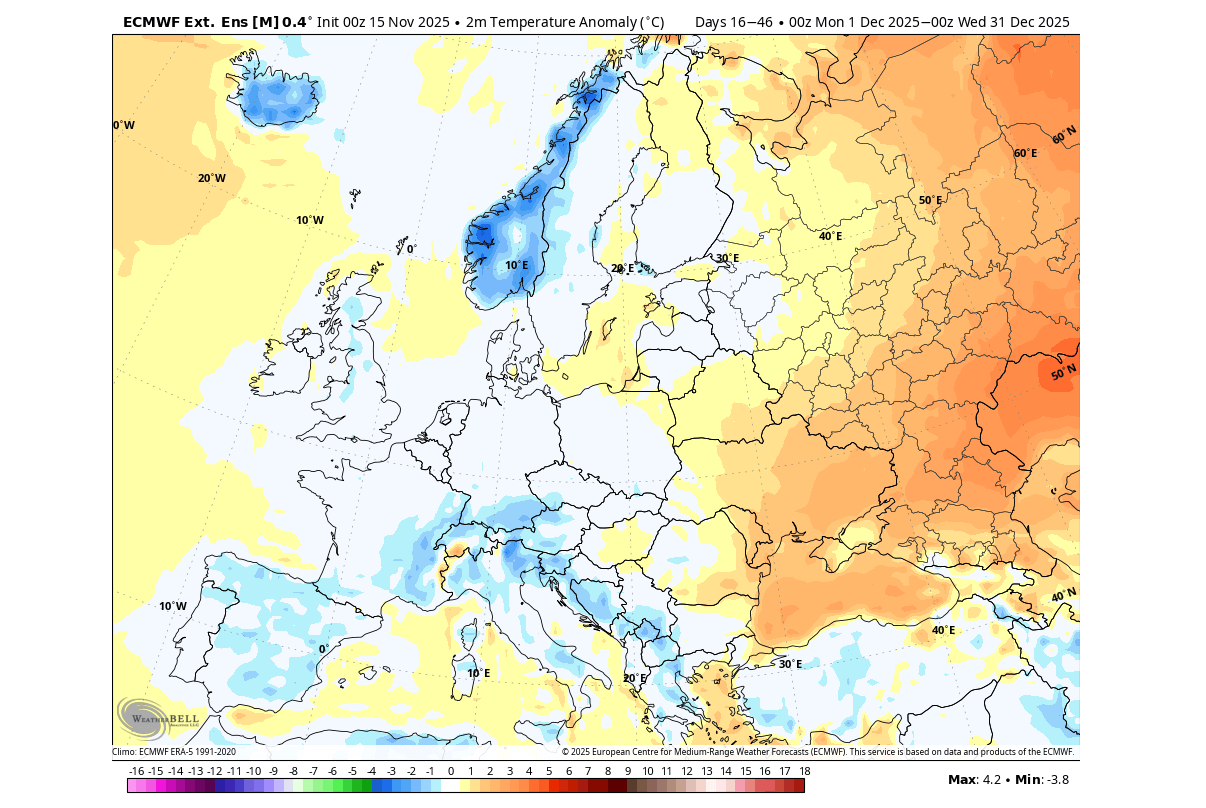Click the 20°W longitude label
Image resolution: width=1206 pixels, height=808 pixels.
tap(211, 178)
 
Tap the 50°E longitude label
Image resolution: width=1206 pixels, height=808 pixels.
tap(930, 200)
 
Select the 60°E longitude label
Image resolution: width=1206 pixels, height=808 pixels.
tap(1025, 153)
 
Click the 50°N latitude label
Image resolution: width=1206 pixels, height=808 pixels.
tap(1064, 373)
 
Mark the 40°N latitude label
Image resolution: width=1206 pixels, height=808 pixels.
tap(1064, 595)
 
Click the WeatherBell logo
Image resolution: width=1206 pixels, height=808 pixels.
tap(158, 718)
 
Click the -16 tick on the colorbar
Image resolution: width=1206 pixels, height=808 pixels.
tap(137, 771)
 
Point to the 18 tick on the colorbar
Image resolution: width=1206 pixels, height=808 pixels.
tap(804, 771)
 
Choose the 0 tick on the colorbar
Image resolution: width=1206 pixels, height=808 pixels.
tap(451, 771)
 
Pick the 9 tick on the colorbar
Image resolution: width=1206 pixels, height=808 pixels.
tap(628, 771)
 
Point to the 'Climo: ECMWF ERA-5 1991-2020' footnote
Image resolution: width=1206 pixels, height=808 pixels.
tap(174, 752)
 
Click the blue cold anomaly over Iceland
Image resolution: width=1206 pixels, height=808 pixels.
tap(279, 98)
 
